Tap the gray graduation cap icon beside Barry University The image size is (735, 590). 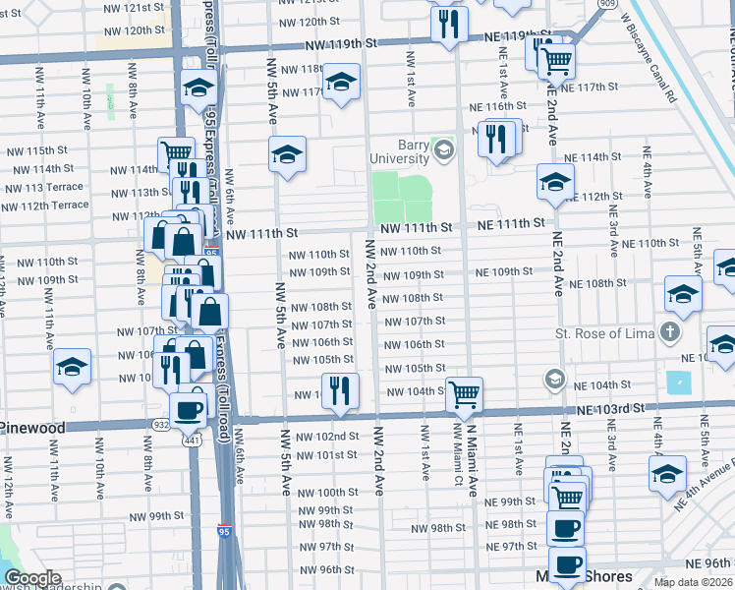pyautogui.click(x=444, y=150)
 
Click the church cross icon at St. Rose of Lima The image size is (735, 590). pyautogui.click(x=670, y=332)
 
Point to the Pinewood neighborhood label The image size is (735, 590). pyautogui.click(x=32, y=428)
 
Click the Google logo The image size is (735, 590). pyautogui.click(x=32, y=578)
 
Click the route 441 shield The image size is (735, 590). pyautogui.click(x=187, y=439)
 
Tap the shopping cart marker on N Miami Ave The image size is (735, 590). pyautogui.click(x=464, y=393)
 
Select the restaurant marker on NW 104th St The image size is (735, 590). pyautogui.click(x=340, y=389)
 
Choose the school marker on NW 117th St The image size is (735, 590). pyautogui.click(x=341, y=81)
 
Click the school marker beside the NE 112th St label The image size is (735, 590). pyautogui.click(x=555, y=182)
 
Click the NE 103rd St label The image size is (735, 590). pyautogui.click(x=610, y=407)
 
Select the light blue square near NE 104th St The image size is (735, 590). pyautogui.click(x=678, y=383)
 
